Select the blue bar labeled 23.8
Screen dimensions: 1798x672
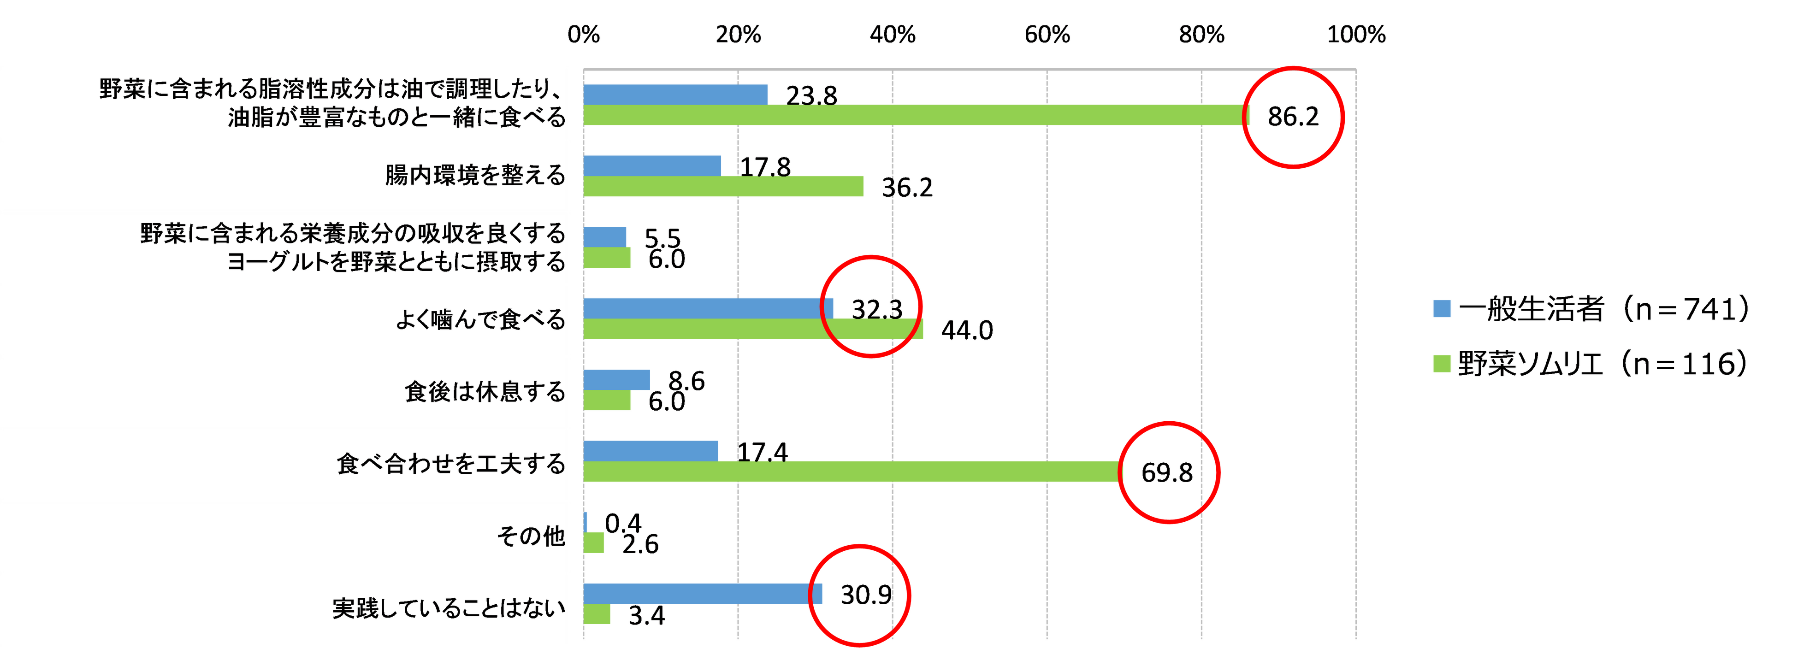coord(676,94)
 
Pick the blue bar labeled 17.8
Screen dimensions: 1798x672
coord(653,165)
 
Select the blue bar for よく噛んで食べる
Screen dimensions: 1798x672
coord(709,308)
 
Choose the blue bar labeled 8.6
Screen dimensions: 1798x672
coord(617,380)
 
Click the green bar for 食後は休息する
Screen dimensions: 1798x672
coord(607,401)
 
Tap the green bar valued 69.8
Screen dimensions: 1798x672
coord(852,472)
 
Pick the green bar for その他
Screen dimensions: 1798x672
coord(594,543)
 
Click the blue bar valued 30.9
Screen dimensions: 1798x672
coord(703,594)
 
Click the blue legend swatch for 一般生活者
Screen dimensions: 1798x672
coord(1441,308)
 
